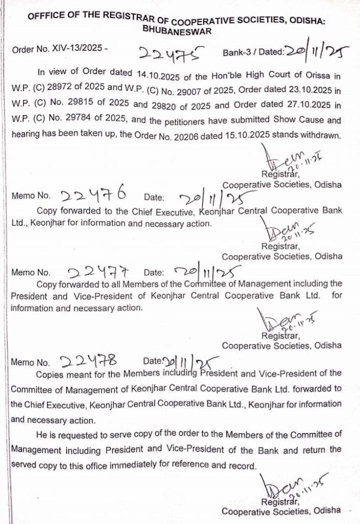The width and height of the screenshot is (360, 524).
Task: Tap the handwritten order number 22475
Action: [x=168, y=52]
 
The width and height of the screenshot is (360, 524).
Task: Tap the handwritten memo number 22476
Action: [x=94, y=194]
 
